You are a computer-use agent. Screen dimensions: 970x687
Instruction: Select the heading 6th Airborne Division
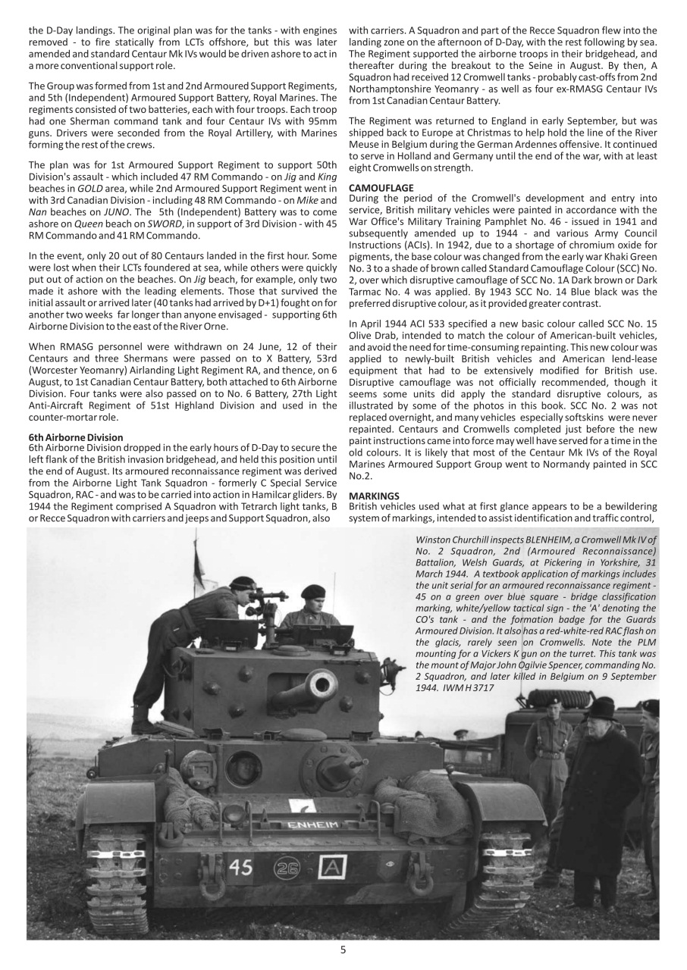click(x=76, y=437)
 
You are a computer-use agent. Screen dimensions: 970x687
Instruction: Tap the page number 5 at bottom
click(x=343, y=950)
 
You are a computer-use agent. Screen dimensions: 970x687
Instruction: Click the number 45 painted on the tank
click(x=240, y=867)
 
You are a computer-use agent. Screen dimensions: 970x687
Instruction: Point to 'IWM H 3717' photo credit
click(x=469, y=687)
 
